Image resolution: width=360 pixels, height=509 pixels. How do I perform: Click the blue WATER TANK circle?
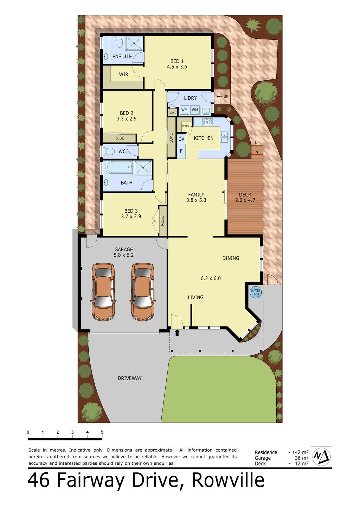(256, 292)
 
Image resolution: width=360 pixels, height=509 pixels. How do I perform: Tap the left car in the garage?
(103, 292)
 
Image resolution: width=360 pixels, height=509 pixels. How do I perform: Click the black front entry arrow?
(177, 333)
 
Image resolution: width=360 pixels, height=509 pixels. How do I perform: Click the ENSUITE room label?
(122, 57)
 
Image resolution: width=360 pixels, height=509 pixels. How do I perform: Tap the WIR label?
(124, 75)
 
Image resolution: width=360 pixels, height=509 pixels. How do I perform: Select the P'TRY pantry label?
(186, 126)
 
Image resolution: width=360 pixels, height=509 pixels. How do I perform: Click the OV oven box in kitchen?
(181, 139)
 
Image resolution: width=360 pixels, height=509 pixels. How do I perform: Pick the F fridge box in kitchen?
(181, 151)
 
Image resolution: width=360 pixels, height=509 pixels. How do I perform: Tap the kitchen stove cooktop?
(208, 122)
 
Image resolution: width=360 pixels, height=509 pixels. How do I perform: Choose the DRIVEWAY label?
(129, 378)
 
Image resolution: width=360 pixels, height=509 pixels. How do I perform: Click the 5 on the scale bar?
(102, 432)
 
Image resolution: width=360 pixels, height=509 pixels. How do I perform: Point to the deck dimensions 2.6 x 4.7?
(245, 200)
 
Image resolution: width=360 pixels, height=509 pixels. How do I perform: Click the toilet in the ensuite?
(119, 42)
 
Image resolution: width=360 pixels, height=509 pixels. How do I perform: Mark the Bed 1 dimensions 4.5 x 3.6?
(177, 67)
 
